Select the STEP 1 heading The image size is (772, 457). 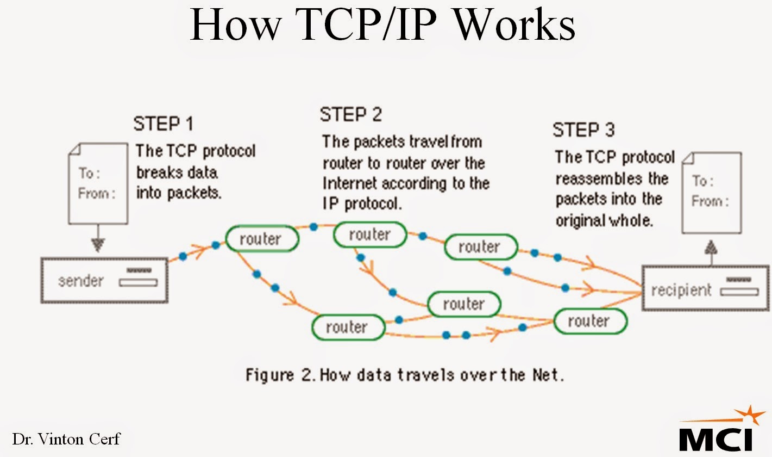163,124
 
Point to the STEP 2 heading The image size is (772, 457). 350,114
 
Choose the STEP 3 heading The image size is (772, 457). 583,130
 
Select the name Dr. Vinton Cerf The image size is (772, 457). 66,438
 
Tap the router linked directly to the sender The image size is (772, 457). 261,239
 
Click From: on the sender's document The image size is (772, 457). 96,194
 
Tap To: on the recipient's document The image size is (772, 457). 702,181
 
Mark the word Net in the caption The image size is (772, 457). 549,375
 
